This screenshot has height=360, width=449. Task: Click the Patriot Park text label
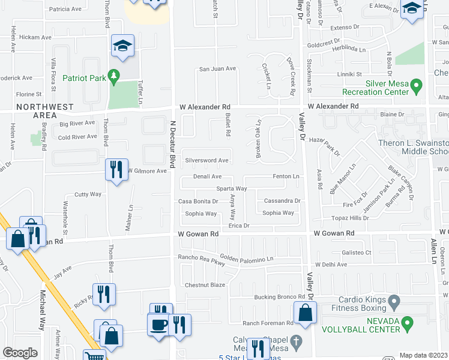point(83,78)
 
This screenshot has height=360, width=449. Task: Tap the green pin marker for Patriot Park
point(112,77)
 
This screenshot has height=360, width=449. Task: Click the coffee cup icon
point(159,326)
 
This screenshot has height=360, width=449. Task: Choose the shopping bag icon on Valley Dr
point(306,313)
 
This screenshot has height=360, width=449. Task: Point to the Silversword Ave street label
point(206,161)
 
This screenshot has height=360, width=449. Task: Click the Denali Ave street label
point(207,177)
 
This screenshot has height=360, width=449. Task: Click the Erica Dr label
point(238,226)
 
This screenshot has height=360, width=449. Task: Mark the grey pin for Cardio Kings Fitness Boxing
point(394,300)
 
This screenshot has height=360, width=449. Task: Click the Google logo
point(20,352)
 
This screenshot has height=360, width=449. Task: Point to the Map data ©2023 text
point(423,355)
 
